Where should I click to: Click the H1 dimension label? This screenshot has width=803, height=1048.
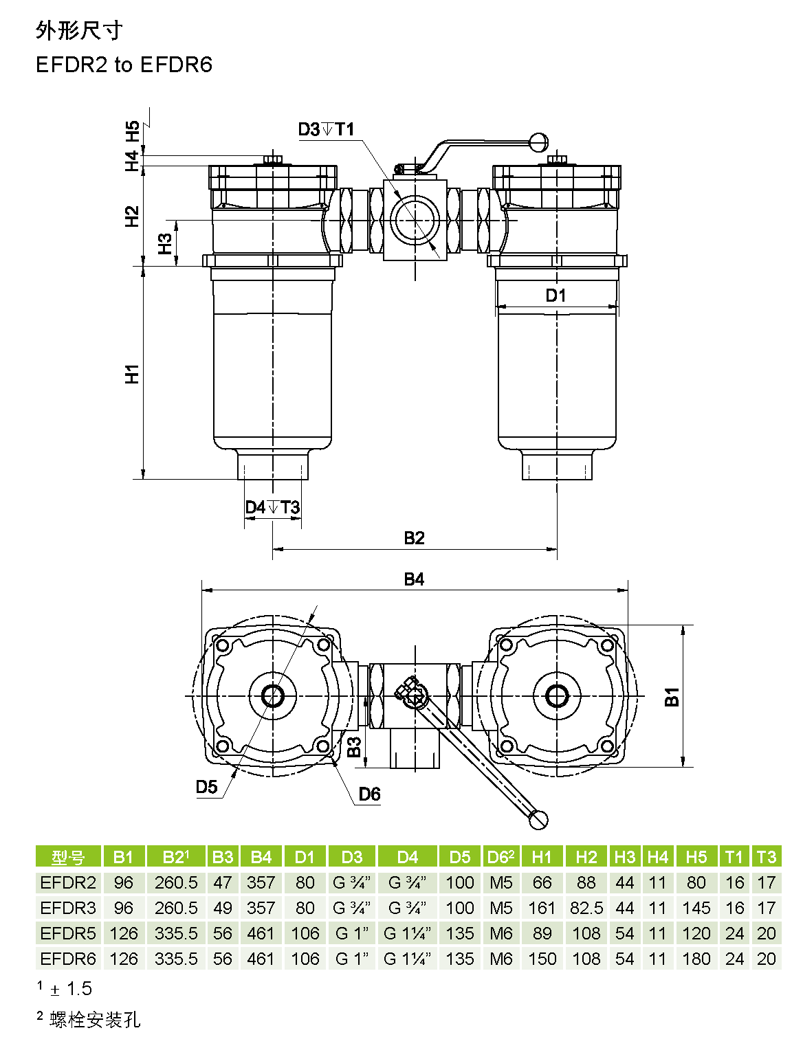tap(132, 374)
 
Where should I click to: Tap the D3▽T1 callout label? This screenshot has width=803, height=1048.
tap(326, 129)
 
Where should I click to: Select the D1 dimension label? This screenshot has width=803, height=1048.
tap(555, 295)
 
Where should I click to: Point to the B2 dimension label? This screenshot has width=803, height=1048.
tap(415, 538)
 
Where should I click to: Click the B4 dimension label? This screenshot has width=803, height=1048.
tap(415, 579)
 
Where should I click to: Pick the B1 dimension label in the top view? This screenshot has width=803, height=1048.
tap(672, 697)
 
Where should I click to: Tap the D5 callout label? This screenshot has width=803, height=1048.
tap(206, 787)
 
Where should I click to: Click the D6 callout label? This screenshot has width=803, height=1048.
tap(369, 794)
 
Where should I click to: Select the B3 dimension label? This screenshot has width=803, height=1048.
tap(355, 747)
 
